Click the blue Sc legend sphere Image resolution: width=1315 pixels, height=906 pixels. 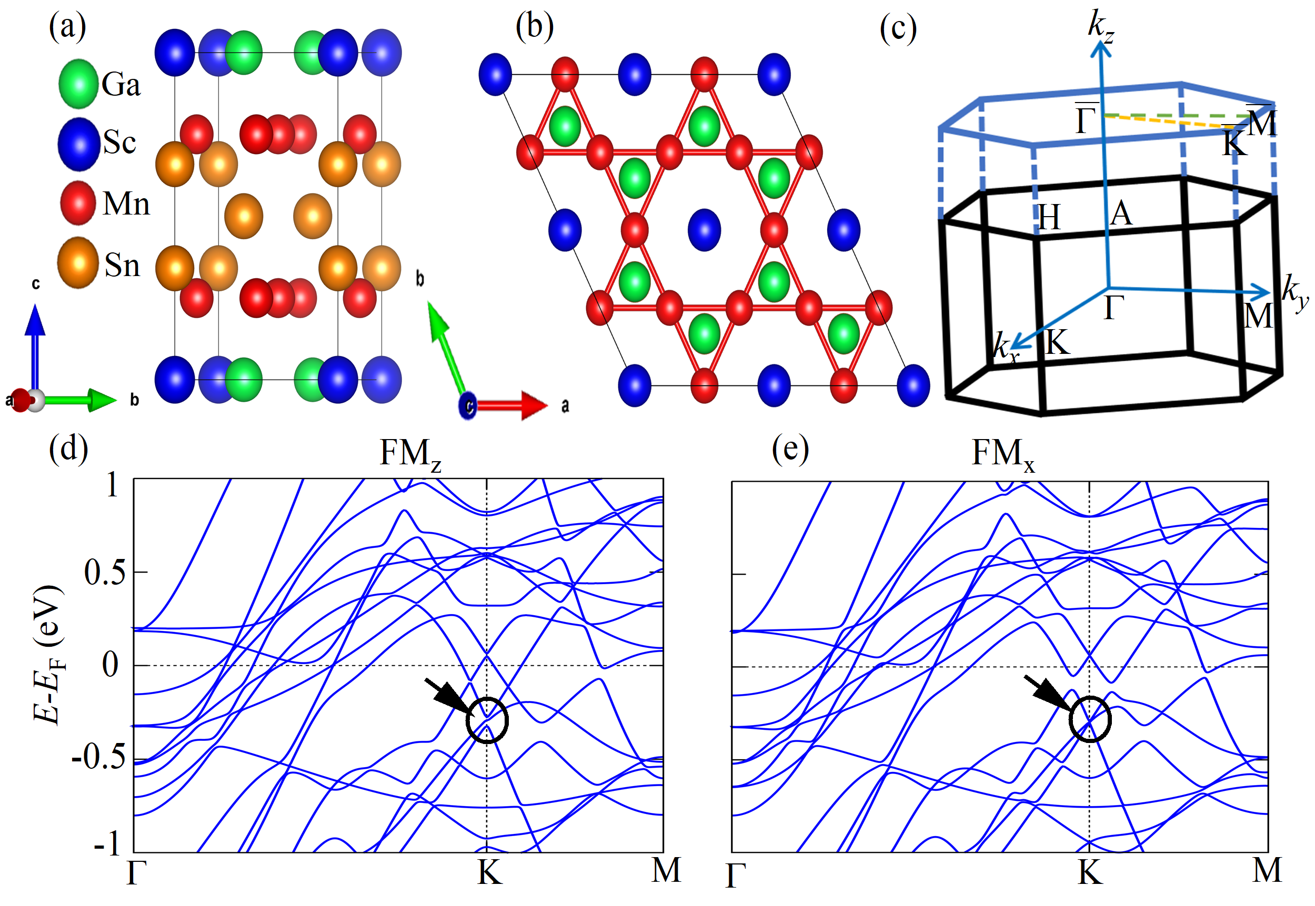tap(78, 144)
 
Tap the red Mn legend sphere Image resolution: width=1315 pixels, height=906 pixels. tap(78, 202)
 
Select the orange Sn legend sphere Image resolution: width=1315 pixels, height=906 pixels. tap(78, 262)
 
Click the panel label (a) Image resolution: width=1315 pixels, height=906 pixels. tap(67, 27)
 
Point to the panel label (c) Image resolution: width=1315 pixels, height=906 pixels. tap(898, 28)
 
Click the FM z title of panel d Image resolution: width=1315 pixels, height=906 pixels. tap(410, 454)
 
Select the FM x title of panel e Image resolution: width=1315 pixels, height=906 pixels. tap(1002, 454)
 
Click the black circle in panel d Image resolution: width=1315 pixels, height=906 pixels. tap(487, 720)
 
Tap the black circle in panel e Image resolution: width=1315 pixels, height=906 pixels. tap(1089, 719)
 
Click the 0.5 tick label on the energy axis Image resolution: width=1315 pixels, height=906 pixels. tap(105, 573)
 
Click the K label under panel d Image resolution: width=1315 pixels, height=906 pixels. tap(489, 872)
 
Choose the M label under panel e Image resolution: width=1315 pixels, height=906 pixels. tap(1267, 870)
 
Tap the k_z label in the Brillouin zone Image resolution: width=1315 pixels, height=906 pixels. tap(1100, 26)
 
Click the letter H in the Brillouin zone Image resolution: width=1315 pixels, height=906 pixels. tap(1049, 217)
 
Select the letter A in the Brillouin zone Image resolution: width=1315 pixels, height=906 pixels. tap(1121, 214)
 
